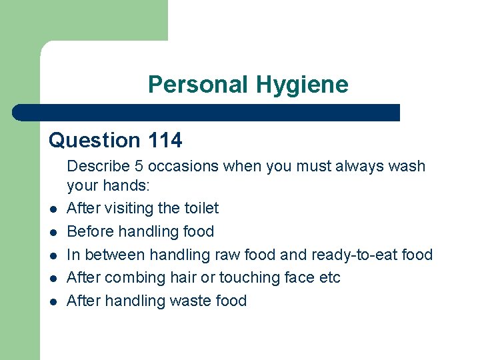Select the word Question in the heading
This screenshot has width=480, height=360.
tap(94, 140)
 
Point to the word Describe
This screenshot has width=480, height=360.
tap(97, 166)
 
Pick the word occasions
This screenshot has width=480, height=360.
tap(179, 166)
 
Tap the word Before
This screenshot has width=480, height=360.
tap(89, 231)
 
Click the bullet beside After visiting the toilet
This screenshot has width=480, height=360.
tap(52, 209)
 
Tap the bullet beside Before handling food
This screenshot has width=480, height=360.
tap(52, 233)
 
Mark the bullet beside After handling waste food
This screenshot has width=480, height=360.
tap(52, 302)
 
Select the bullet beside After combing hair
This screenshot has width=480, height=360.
tap(52, 279)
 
